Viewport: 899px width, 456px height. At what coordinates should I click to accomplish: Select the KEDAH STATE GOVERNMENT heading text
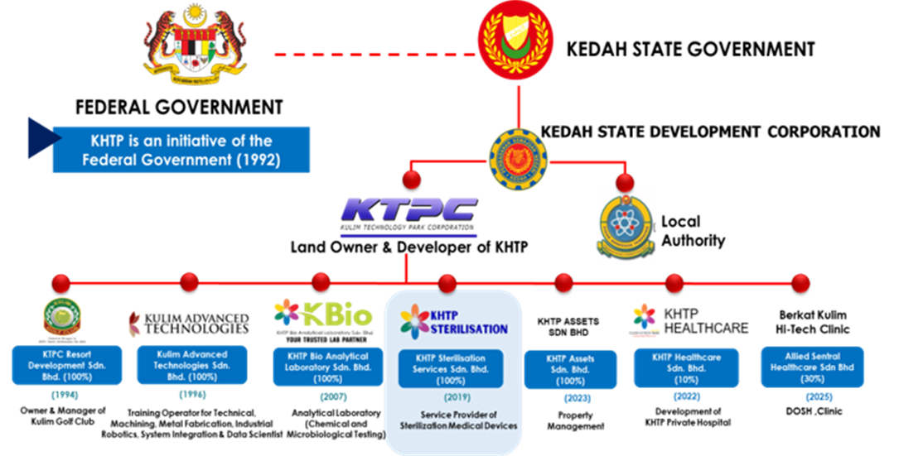tap(689, 50)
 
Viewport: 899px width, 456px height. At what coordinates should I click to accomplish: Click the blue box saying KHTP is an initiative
tap(181, 150)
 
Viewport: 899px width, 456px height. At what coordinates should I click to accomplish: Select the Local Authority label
tap(693, 232)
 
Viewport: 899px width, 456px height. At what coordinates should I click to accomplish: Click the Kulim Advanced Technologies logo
tap(189, 324)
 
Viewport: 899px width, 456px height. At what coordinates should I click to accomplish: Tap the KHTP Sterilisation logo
tap(453, 320)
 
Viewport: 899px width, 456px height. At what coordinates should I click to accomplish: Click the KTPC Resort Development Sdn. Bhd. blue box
tap(62, 367)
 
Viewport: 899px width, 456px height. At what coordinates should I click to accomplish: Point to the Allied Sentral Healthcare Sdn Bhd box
tap(812, 367)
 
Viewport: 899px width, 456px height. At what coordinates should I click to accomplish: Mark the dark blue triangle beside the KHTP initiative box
tap(36, 137)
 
